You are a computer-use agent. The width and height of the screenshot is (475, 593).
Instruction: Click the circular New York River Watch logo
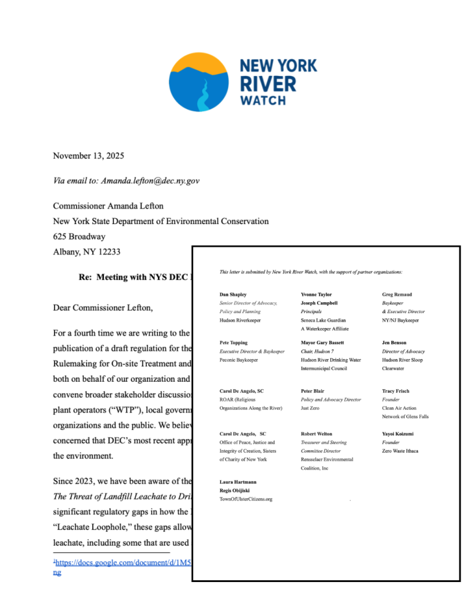click(x=199, y=82)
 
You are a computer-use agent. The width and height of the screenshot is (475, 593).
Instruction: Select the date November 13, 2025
click(x=88, y=156)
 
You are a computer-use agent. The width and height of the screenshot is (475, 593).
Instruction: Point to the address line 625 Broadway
click(x=79, y=237)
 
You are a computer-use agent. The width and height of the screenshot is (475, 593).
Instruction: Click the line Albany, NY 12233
click(x=86, y=252)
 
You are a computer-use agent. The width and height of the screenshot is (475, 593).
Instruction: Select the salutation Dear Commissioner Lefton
click(x=103, y=307)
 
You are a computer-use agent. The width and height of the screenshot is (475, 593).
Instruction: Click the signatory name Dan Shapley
click(x=233, y=294)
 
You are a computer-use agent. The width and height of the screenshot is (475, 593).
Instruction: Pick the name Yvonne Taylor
click(x=316, y=294)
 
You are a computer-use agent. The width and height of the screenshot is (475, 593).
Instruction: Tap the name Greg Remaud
click(x=397, y=294)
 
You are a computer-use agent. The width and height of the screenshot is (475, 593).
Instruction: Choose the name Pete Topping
click(x=233, y=343)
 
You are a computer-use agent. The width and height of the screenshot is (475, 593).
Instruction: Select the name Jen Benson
click(x=394, y=343)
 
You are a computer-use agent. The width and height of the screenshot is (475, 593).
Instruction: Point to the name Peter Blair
click(x=313, y=391)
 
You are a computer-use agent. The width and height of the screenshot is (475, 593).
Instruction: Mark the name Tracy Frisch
click(x=395, y=391)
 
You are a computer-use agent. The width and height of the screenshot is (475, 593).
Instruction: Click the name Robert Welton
click(x=316, y=434)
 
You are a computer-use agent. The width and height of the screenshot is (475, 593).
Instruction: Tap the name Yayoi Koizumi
click(x=398, y=434)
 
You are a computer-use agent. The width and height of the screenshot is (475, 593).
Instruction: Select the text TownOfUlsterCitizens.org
click(x=246, y=499)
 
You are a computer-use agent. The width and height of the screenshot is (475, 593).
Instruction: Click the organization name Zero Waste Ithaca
click(x=400, y=451)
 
